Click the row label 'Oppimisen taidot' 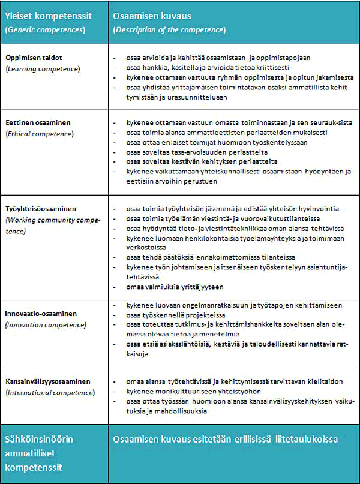click(x=34, y=57)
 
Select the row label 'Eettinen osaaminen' click(x=38, y=122)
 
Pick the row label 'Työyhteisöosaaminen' click(x=41, y=208)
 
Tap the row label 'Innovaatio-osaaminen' click(x=41, y=314)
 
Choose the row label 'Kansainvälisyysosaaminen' click(x=47, y=381)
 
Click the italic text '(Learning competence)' click(x=42, y=69)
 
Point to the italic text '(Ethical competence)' click(x=40, y=133)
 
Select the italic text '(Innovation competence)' click(x=45, y=325)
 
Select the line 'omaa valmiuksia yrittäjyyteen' click(x=175, y=287)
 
